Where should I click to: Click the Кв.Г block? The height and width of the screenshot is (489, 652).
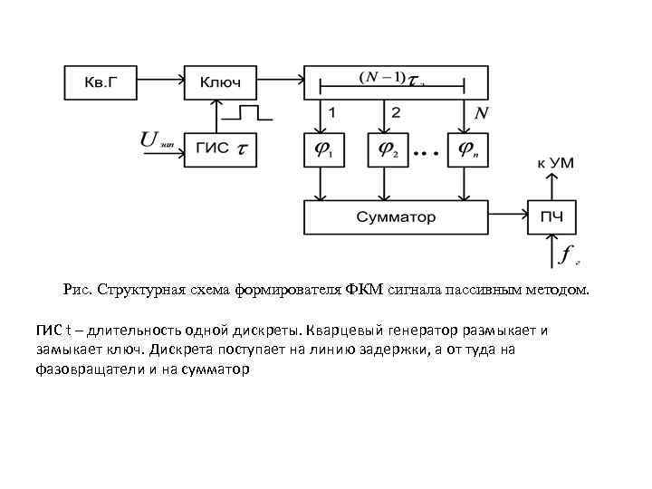[x=99, y=82]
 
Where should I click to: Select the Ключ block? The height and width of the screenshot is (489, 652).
[x=220, y=82]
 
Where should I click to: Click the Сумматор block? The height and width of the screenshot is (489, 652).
[x=395, y=217]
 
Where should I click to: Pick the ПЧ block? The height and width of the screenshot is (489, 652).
[x=551, y=217]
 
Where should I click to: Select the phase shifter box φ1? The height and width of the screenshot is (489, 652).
[x=321, y=149]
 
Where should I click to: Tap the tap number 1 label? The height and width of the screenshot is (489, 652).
[x=333, y=113]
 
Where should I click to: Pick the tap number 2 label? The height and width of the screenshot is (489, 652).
[x=395, y=113]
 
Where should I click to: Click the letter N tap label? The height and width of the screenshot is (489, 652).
[x=482, y=113]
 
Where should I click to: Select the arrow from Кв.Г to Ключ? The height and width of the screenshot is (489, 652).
[x=160, y=82]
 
